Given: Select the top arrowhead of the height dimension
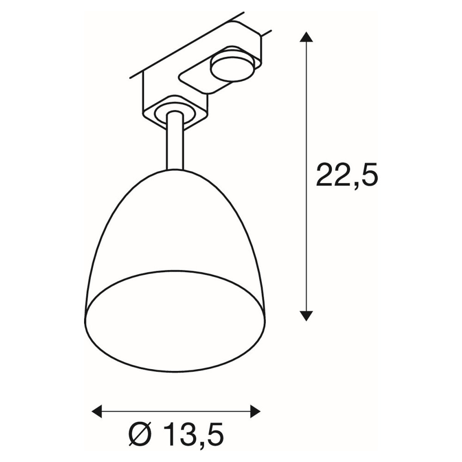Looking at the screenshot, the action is point(306,37).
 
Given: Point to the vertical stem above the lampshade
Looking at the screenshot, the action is point(175,141).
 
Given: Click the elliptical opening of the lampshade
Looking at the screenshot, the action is point(175,321).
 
